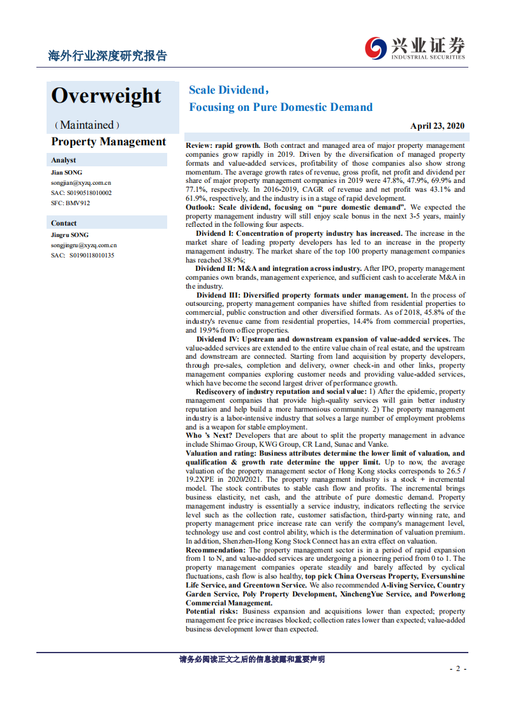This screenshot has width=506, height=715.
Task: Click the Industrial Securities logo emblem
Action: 376,47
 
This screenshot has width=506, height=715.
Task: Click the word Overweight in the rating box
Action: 106,96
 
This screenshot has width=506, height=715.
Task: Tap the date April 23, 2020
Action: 437,126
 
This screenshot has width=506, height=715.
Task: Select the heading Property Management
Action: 108,142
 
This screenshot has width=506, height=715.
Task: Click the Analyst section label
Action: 64,160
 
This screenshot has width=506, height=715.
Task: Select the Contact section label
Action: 64,223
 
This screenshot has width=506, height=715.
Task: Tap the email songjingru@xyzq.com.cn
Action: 84,245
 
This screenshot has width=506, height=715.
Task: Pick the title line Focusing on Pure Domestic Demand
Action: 280,107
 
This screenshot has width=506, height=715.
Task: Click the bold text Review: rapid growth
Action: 223,146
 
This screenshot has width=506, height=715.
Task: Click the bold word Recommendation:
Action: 215,550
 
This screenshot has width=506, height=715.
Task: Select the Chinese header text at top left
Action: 108,56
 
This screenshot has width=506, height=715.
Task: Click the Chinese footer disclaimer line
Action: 252,660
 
